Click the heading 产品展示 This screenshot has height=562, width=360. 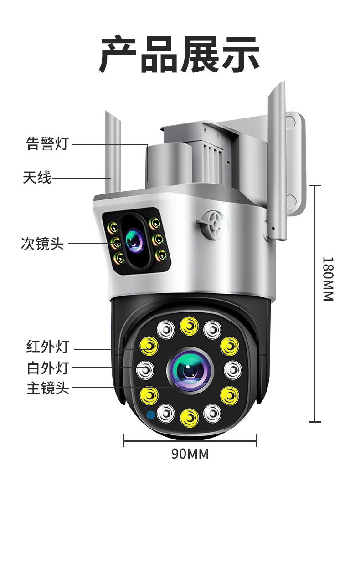click(x=180, y=55)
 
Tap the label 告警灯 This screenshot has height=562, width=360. click(x=47, y=144)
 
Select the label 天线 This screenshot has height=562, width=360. click(x=37, y=177)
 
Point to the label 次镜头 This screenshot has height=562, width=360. click(x=42, y=244)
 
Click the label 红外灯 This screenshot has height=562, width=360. click(x=47, y=347)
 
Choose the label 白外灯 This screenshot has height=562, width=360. click(x=47, y=368)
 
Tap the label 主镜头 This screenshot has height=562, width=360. click(x=47, y=388)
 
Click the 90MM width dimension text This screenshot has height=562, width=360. click(x=190, y=454)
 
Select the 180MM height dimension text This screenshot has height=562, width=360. click(x=328, y=279)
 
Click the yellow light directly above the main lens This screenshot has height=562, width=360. click(x=189, y=325)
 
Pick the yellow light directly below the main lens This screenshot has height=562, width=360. click(x=189, y=417)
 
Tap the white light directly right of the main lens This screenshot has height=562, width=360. click(x=232, y=369)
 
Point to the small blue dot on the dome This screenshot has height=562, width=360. click(x=150, y=415)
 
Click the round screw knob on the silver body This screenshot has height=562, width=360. click(x=212, y=223)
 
